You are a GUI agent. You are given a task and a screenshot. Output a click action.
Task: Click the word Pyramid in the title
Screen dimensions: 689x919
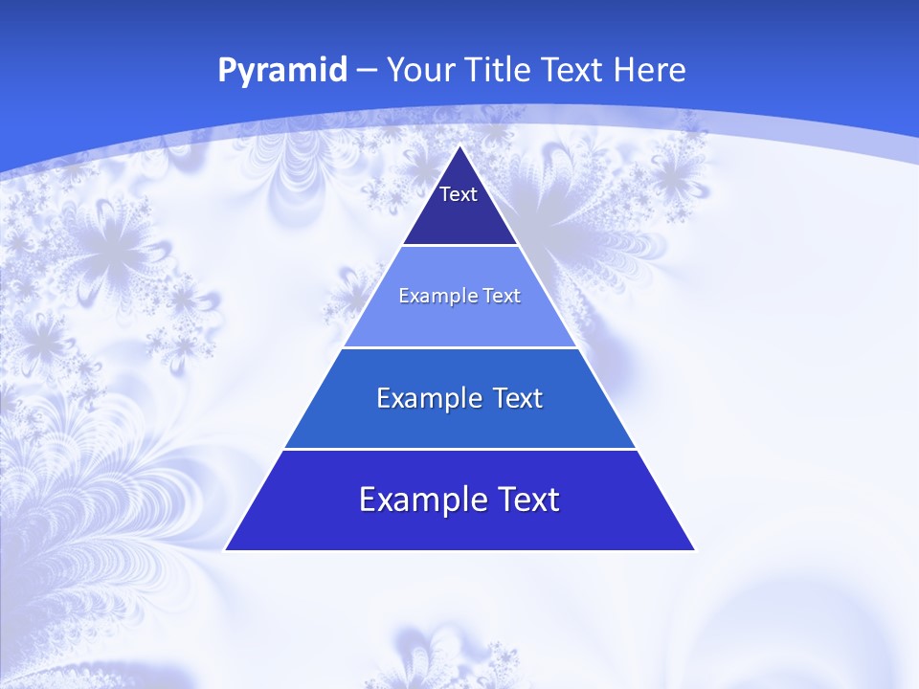[282, 71]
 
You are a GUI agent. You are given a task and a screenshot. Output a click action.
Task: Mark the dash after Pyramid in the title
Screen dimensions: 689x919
[366, 71]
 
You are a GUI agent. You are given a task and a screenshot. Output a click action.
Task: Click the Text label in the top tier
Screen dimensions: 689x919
[459, 194]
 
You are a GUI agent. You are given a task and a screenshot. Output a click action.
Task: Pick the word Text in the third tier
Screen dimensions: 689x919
[516, 398]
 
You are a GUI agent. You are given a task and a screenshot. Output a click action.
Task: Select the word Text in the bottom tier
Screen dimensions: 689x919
[527, 500]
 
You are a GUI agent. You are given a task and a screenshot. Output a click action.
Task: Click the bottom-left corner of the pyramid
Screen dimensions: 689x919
[226, 549]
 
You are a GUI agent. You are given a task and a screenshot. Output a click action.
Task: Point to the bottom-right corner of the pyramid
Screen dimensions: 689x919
[694, 549]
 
